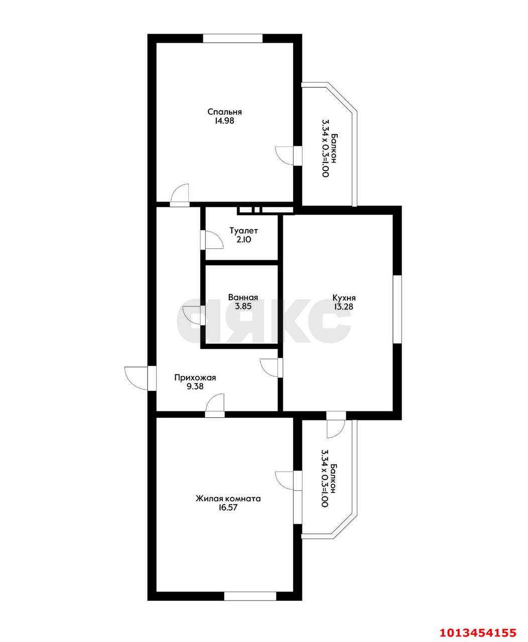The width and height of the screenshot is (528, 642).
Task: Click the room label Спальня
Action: tap(224, 112)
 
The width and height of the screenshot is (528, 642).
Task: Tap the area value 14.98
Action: tap(224, 121)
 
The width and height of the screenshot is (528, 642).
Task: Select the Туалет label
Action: tap(243, 231)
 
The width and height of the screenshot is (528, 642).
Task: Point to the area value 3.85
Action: tap(243, 306)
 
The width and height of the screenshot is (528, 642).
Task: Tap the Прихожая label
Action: tap(195, 378)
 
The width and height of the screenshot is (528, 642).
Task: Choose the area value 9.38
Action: tap(195, 387)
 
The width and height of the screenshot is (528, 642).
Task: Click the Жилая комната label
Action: tap(228, 499)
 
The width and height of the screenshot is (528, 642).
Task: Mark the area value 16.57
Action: tap(228, 508)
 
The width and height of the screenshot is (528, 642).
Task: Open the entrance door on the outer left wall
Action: tap(138, 377)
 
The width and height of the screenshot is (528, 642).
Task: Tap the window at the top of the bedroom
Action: tap(232, 38)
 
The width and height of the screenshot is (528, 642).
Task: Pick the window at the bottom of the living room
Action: tap(249, 596)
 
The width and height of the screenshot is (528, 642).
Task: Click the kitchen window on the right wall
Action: tap(397, 309)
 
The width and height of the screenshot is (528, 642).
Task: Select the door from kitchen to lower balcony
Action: tap(335, 424)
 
